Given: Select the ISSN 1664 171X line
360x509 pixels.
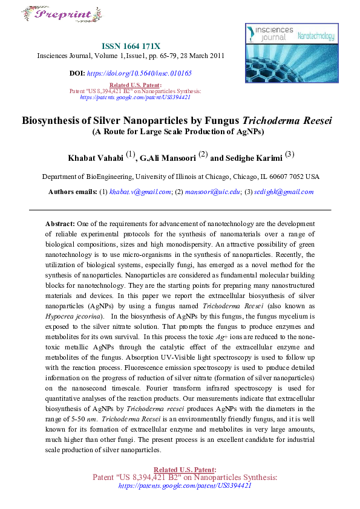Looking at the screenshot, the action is (x=131, y=46).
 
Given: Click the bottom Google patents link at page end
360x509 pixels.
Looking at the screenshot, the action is (x=185, y=485).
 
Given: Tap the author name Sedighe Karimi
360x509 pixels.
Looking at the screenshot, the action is (x=253, y=158).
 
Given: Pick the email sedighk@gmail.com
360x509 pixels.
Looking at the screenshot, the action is (x=283, y=192).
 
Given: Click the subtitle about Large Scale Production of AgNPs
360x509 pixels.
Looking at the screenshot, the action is (x=179, y=132).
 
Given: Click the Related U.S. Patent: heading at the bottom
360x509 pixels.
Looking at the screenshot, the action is (x=185, y=470).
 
